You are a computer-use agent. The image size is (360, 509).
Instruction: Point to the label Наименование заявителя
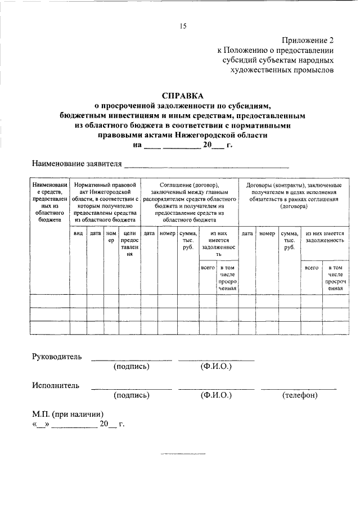tap(76, 164)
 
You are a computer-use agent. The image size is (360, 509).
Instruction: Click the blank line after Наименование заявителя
tap(206, 165)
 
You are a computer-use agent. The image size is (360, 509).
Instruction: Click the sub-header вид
tap(78, 233)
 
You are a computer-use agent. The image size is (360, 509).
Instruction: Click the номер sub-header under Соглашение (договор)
tap(167, 233)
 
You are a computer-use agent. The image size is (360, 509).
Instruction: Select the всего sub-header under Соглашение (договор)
tap(208, 268)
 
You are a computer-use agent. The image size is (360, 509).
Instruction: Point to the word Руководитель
tap(57, 357)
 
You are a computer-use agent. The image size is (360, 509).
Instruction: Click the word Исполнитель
tap(56, 386)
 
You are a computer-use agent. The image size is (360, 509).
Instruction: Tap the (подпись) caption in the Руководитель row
tap(131, 367)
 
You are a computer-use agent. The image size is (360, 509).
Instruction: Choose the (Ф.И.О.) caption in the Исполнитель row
tap(216, 395)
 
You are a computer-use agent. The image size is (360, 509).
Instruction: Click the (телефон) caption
tap(299, 395)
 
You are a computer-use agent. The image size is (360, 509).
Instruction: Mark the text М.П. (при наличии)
tap(68, 414)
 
